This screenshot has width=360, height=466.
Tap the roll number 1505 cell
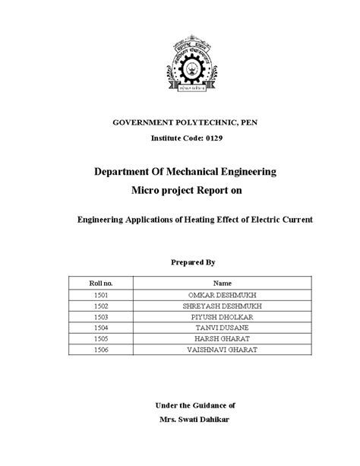coord(99,338)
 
